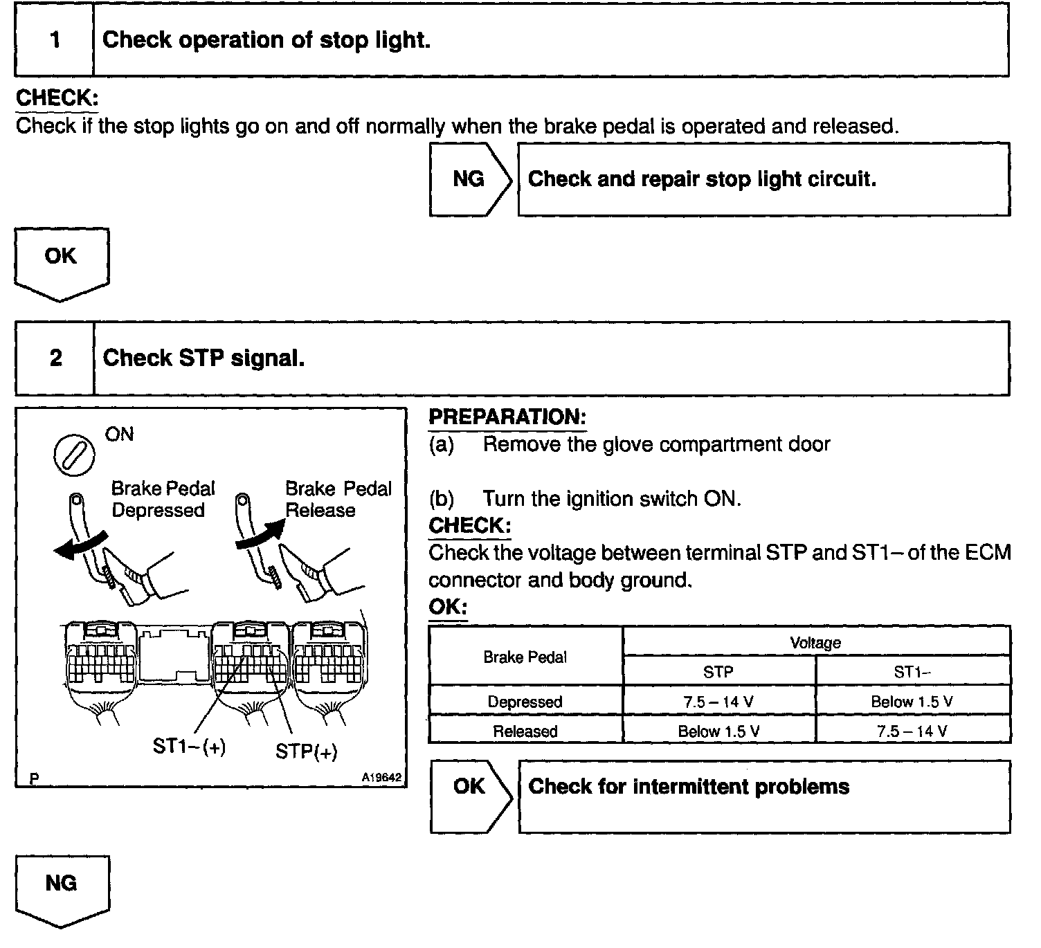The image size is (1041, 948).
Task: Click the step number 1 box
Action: click(55, 40)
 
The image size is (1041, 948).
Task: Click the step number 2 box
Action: click(55, 358)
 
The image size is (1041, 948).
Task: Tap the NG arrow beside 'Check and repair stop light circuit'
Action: click(469, 179)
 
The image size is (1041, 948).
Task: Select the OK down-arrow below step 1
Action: click(61, 262)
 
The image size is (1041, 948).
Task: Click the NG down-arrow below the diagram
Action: click(61, 888)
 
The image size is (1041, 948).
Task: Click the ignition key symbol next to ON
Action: click(74, 454)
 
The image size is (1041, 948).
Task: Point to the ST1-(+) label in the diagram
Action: click(189, 747)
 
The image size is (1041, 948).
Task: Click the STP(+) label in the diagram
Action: click(306, 751)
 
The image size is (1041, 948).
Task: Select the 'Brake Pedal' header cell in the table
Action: click(525, 657)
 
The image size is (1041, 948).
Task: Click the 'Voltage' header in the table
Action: click(815, 642)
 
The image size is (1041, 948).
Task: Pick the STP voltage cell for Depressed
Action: click(718, 702)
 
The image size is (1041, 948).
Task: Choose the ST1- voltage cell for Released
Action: click(912, 731)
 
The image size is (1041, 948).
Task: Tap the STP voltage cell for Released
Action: click(718, 731)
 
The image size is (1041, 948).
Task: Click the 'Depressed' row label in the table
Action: click(525, 702)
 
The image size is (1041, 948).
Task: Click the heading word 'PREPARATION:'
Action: click(507, 417)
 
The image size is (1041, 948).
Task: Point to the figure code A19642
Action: click(381, 778)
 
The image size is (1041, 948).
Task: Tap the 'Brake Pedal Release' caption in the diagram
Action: click(338, 499)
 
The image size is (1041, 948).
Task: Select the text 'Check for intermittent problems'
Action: click(689, 787)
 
